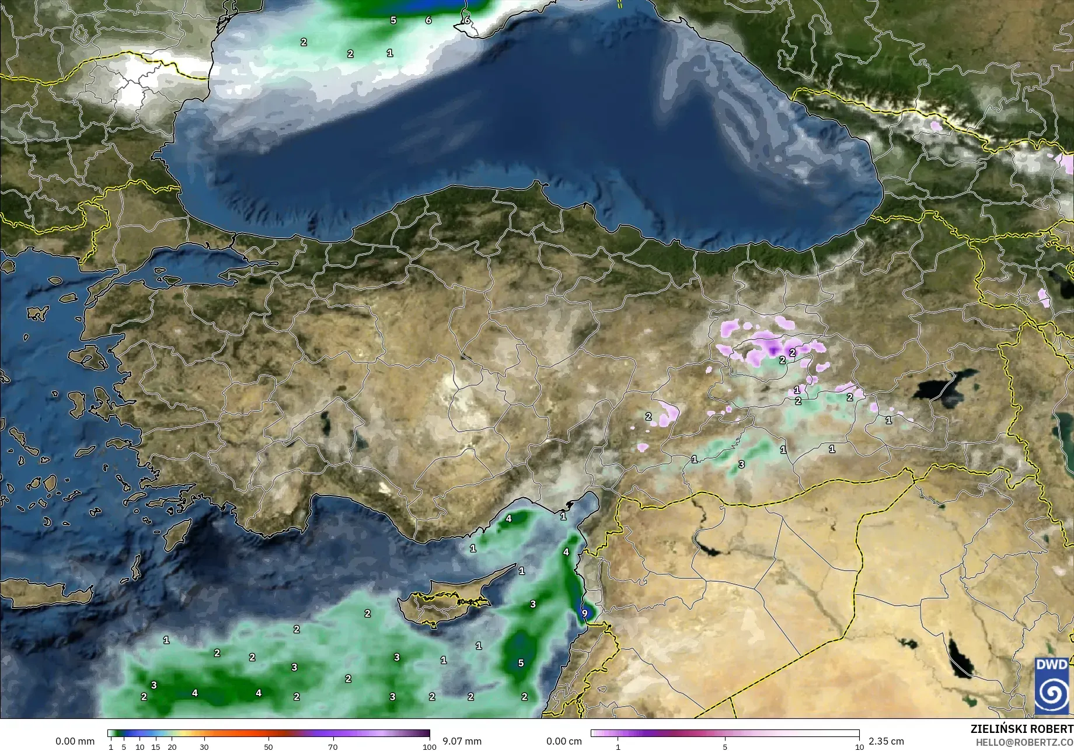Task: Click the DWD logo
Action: (x=1052, y=686)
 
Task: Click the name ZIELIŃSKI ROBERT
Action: (x=1021, y=729)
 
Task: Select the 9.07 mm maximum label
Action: (x=462, y=741)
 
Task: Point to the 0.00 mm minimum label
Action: (x=75, y=741)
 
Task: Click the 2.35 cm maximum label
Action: (x=886, y=741)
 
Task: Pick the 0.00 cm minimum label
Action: (x=564, y=741)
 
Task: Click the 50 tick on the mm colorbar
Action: (x=268, y=747)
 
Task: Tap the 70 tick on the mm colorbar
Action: (x=333, y=747)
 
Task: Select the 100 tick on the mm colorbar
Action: (x=430, y=747)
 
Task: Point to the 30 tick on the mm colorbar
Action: (x=204, y=747)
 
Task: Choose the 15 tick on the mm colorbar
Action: (x=155, y=747)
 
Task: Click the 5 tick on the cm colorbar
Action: (x=725, y=747)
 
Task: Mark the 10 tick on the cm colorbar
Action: (x=859, y=747)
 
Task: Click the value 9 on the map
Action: (x=584, y=613)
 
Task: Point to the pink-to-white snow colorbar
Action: (x=725, y=733)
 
